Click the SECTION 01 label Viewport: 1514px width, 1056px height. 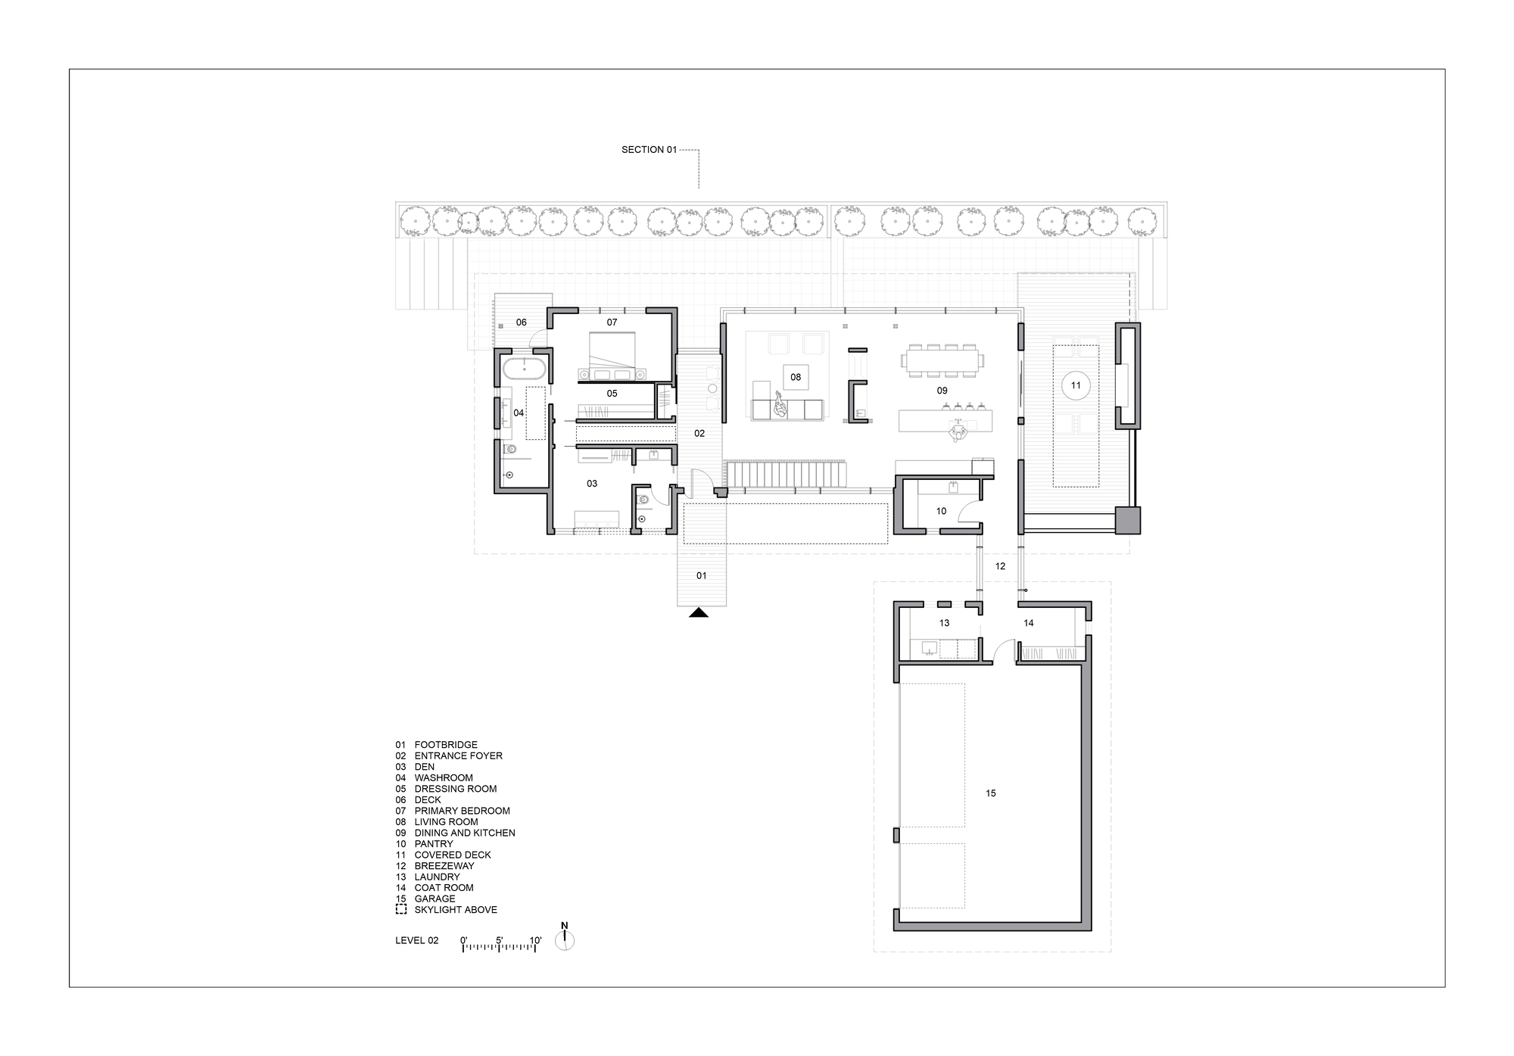649,150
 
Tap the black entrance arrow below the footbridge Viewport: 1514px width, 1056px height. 699,612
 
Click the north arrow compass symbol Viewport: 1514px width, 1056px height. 565,939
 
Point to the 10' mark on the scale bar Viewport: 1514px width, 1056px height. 535,941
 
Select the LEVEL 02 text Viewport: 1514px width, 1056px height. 416,941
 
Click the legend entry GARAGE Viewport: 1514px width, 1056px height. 435,899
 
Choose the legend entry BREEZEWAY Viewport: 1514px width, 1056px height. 444,866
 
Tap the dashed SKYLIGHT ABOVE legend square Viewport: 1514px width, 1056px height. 401,910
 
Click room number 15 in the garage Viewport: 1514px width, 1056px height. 991,793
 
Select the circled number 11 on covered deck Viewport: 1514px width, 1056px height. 1076,385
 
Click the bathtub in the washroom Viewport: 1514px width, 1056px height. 523,370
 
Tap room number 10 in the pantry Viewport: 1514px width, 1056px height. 941,511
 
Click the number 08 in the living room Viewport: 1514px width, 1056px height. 796,377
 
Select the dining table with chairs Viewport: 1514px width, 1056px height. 942,360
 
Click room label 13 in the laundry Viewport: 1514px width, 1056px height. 944,623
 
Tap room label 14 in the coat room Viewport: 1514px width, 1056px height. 1028,623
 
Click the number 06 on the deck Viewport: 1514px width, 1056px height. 521,322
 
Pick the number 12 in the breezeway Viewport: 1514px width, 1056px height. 1000,566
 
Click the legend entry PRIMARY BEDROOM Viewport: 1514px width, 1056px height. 462,811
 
